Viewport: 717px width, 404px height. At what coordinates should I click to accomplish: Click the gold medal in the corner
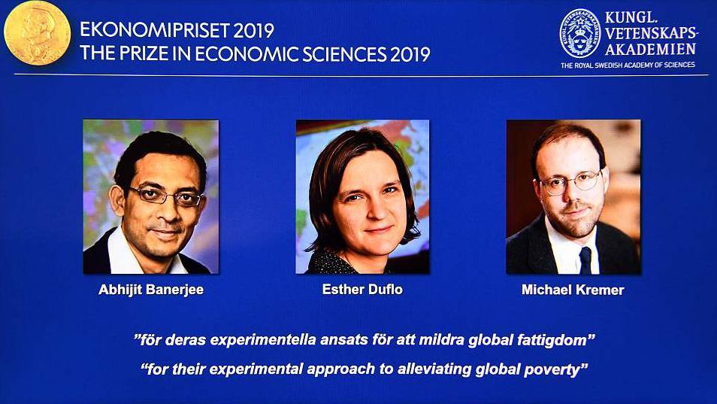click(37, 32)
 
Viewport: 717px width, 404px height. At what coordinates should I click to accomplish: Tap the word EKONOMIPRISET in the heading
click(155, 31)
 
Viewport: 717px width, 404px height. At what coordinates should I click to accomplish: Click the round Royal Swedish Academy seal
click(580, 34)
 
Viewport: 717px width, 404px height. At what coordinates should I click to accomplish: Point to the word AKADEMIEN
click(650, 49)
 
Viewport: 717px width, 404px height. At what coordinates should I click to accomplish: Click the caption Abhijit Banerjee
click(151, 290)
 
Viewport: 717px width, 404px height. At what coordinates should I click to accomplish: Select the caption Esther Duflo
click(362, 289)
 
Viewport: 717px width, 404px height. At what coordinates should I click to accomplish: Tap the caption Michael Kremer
click(573, 290)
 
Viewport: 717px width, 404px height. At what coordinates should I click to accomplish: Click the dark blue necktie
click(585, 260)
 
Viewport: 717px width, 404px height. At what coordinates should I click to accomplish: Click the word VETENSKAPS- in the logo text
click(652, 33)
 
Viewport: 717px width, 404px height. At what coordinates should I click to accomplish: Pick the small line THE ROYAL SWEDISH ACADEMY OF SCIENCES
click(628, 65)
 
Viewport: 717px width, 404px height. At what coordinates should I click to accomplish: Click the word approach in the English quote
click(340, 369)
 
